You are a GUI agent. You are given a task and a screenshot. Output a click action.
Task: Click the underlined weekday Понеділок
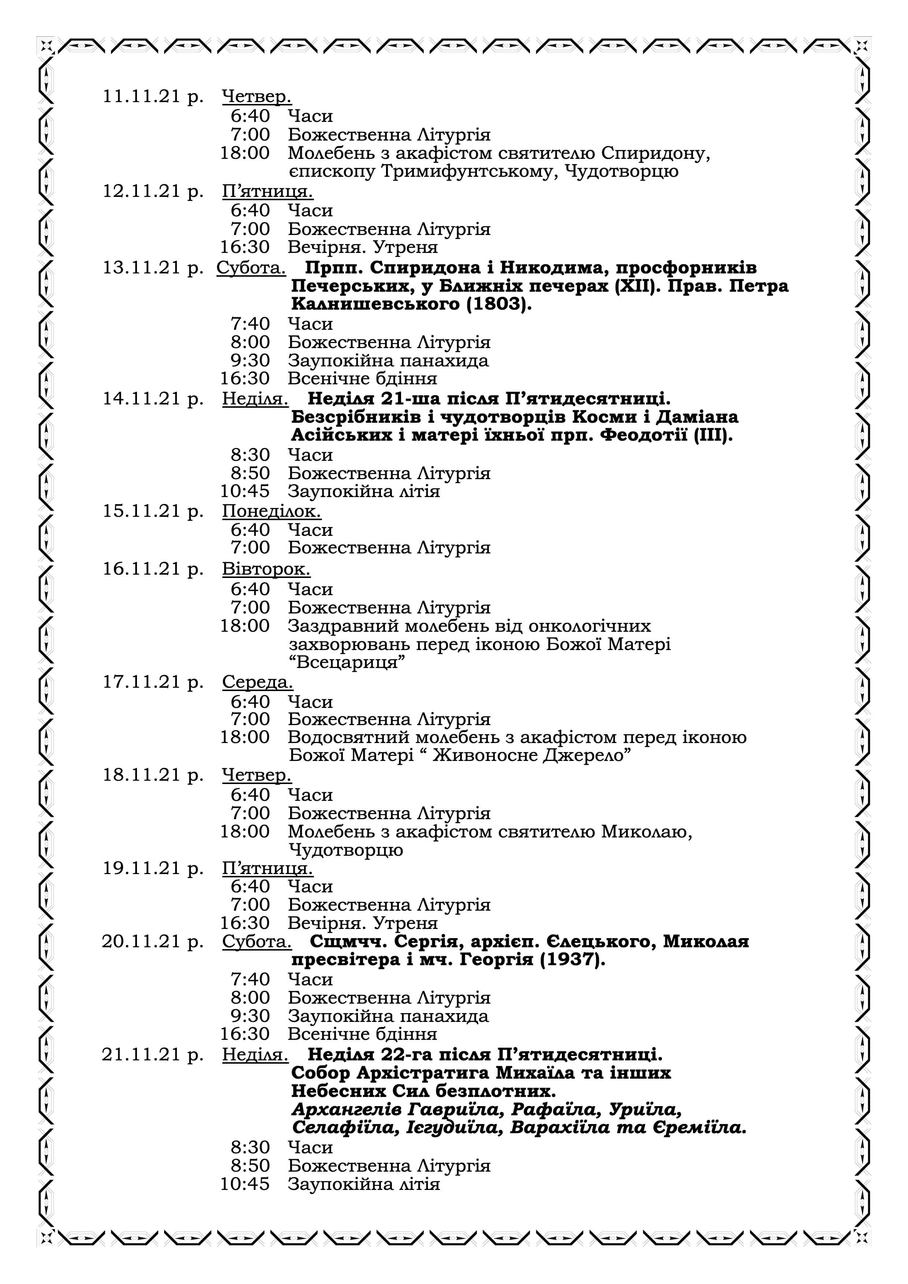pos(271,511)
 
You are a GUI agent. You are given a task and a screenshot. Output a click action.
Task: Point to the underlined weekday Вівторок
pos(266,569)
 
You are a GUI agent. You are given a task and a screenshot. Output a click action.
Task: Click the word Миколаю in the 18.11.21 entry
pos(646,832)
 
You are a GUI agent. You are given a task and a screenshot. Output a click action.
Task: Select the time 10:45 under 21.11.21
pos(244,1184)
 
